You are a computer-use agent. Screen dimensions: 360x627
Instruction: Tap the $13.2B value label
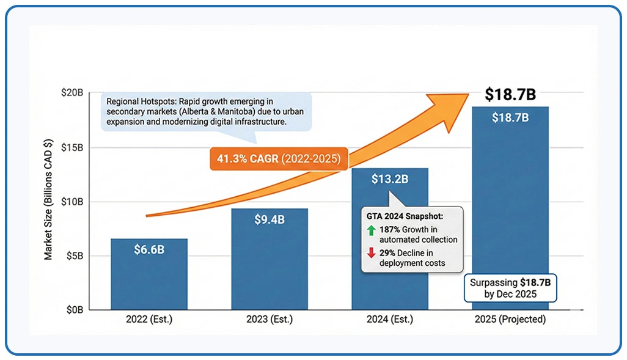point(390,179)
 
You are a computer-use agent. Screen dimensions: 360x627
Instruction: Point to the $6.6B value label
point(149,249)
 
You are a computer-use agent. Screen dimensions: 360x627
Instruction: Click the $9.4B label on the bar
point(269,219)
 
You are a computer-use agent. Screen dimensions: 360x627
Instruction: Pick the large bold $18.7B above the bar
point(510,95)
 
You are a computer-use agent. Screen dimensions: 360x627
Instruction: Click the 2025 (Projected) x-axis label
point(510,320)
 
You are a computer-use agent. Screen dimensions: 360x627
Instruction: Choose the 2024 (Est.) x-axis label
point(390,320)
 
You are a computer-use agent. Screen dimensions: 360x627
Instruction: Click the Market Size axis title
point(48,200)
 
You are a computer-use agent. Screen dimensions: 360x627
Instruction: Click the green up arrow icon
point(371,230)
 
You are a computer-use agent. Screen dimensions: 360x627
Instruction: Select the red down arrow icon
point(371,254)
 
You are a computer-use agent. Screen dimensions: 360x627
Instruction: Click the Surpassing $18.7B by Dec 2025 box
point(510,288)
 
